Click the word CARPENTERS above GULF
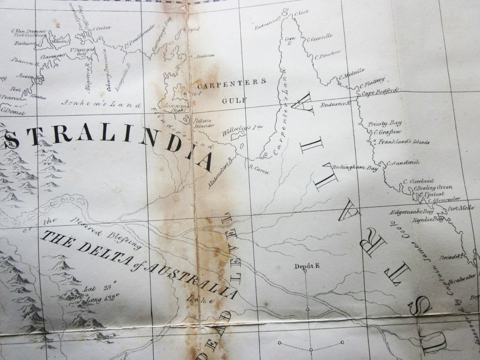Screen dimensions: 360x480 pyautogui.click(x=230, y=82)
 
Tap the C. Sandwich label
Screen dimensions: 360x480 pyautogui.click(x=403, y=162)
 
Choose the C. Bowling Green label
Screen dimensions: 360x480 pyautogui.click(x=432, y=187)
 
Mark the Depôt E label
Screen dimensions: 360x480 pyautogui.click(x=306, y=266)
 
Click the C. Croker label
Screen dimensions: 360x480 pyautogui.click(x=102, y=28)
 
